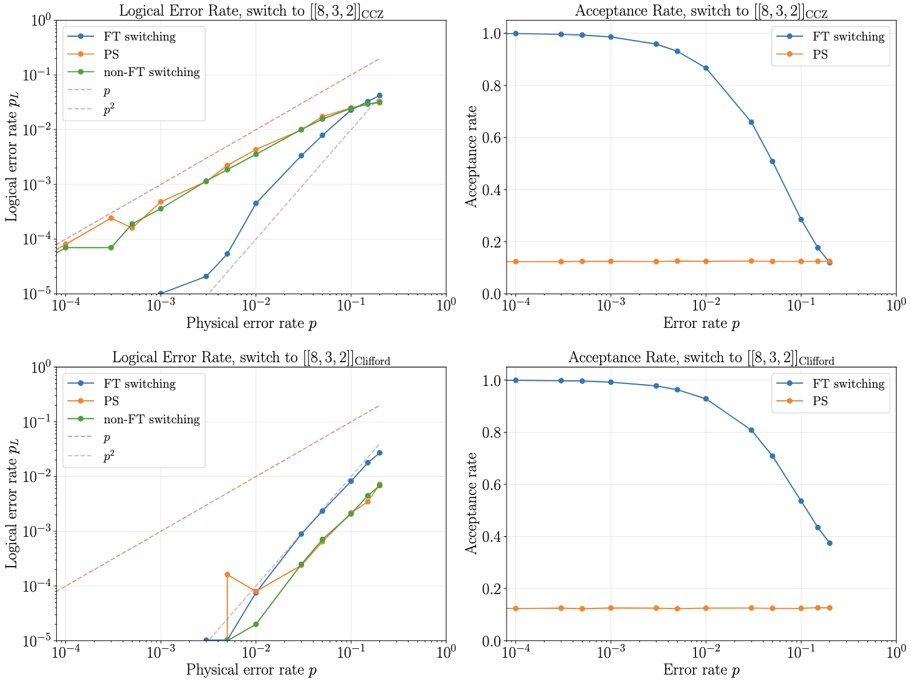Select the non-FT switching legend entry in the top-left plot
(x=151, y=72)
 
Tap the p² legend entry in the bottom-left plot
(x=109, y=457)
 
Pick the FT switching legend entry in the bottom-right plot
(x=848, y=384)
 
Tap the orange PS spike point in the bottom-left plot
(x=227, y=574)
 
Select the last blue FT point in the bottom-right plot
(x=829, y=543)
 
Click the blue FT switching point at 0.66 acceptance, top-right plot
(x=751, y=122)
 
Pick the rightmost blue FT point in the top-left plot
(x=379, y=95)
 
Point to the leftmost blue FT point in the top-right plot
(x=515, y=34)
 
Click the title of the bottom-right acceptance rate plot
(x=701, y=358)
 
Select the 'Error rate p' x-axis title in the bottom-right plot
(x=701, y=670)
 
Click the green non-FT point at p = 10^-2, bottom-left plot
(x=255, y=624)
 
